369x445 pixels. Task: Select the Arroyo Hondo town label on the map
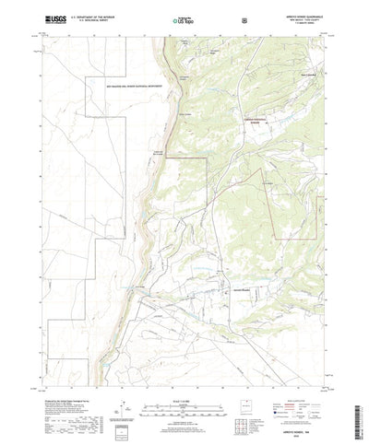pyautogui.click(x=238, y=293)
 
